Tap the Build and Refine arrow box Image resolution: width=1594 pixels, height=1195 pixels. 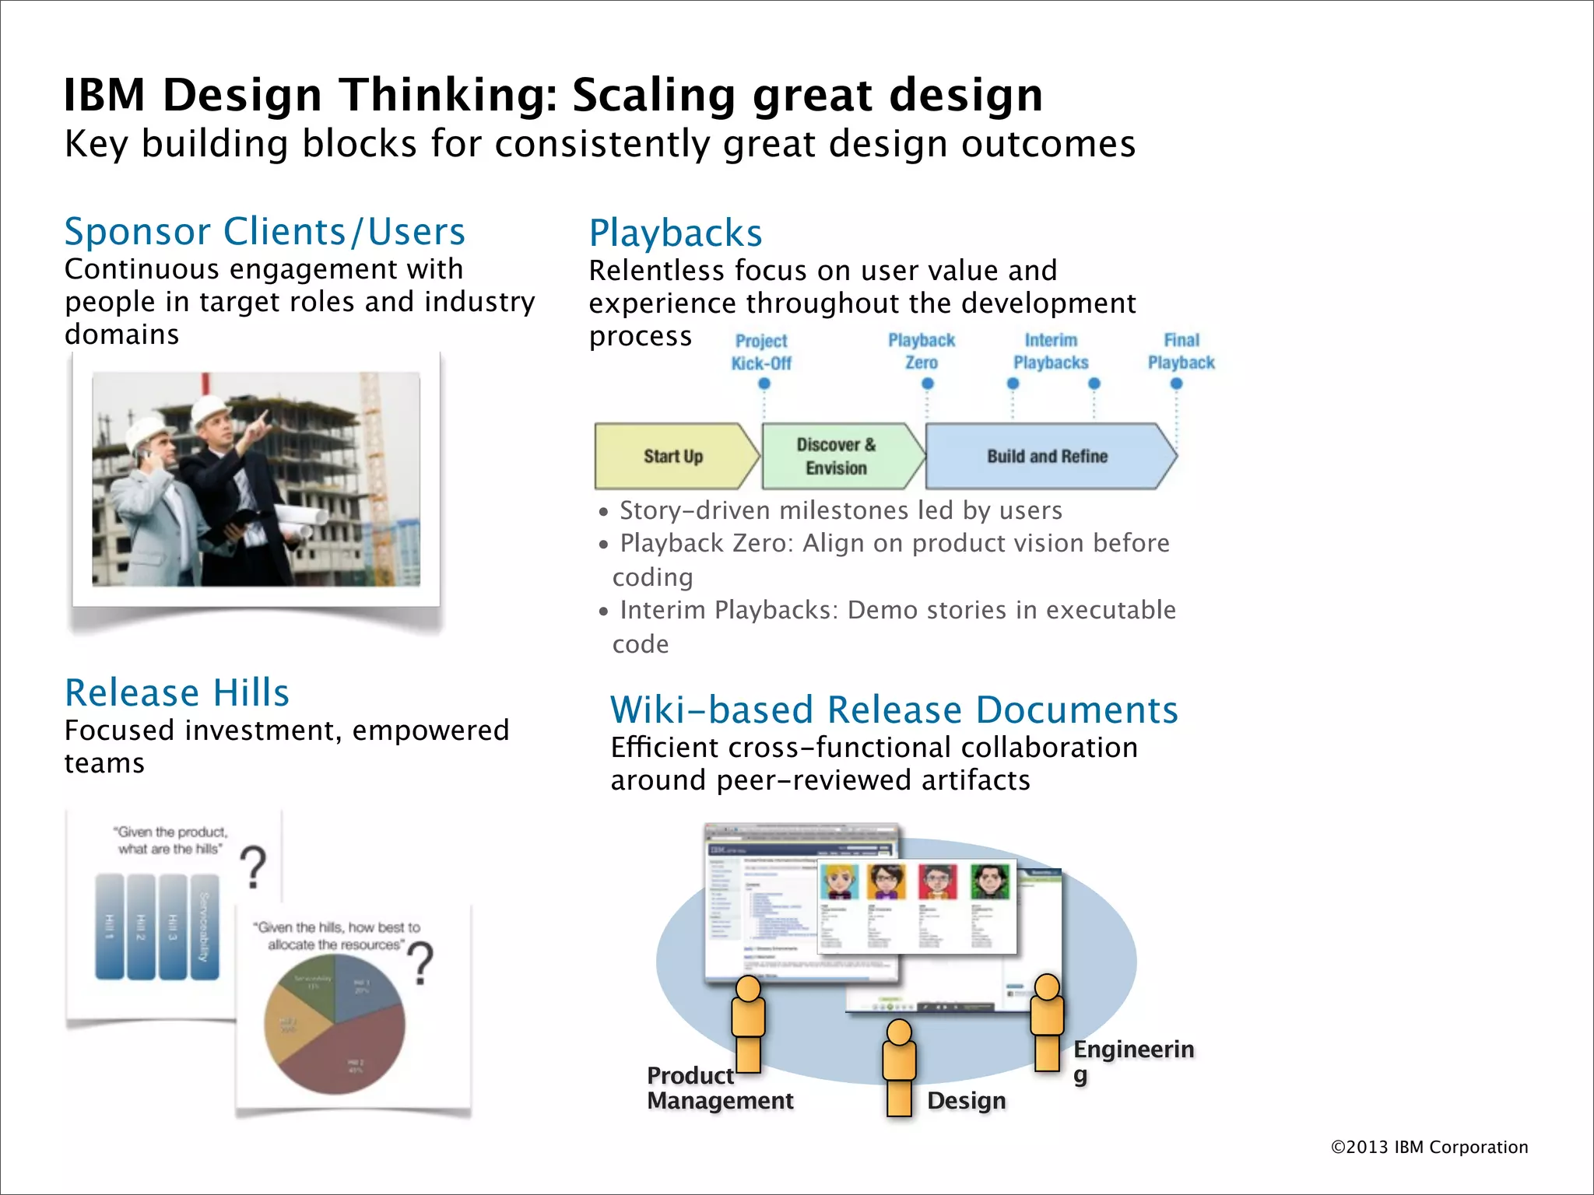click(x=1047, y=457)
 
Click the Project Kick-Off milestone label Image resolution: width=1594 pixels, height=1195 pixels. click(x=761, y=352)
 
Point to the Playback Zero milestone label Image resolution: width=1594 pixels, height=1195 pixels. click(x=922, y=352)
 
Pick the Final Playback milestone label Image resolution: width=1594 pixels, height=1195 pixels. click(x=1181, y=352)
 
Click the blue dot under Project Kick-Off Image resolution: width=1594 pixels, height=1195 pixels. click(x=764, y=384)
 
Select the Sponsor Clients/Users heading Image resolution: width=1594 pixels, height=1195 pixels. click(x=265, y=232)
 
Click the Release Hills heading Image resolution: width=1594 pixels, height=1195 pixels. click(x=177, y=692)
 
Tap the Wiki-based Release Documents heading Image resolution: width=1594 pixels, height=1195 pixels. click(x=894, y=710)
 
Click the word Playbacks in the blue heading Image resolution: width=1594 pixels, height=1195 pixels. click(x=676, y=233)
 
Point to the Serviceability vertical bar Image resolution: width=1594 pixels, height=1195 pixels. click(x=204, y=927)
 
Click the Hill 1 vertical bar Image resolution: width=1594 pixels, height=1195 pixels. click(x=109, y=927)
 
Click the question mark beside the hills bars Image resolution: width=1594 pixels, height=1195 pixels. click(x=253, y=867)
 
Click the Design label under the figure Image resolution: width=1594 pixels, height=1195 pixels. click(x=966, y=1101)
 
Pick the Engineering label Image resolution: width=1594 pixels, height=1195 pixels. click(x=1133, y=1050)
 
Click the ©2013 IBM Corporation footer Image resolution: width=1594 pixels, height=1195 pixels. click(x=1429, y=1147)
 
